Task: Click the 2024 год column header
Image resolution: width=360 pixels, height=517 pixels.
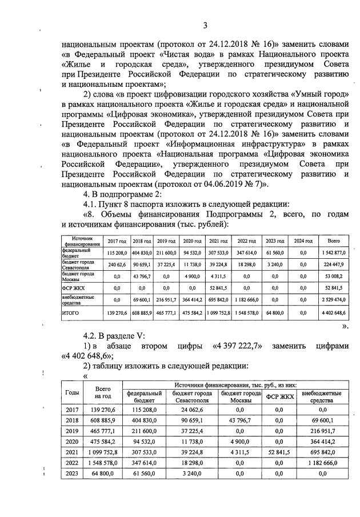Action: coord(303,241)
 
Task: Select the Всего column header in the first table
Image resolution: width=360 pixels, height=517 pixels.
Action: coord(333,241)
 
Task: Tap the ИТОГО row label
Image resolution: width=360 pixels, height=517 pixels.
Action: coord(70,314)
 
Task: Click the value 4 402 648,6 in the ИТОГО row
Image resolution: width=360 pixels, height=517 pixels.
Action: coord(333,314)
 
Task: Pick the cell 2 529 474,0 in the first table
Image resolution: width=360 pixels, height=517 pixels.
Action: coord(333,299)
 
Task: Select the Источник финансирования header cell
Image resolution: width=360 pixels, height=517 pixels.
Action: coord(82,241)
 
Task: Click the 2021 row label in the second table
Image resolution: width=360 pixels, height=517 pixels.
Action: coord(73,452)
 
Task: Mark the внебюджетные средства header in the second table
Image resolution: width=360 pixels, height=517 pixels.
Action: coord(321,396)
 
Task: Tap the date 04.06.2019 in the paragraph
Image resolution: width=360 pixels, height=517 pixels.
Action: coord(227,184)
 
